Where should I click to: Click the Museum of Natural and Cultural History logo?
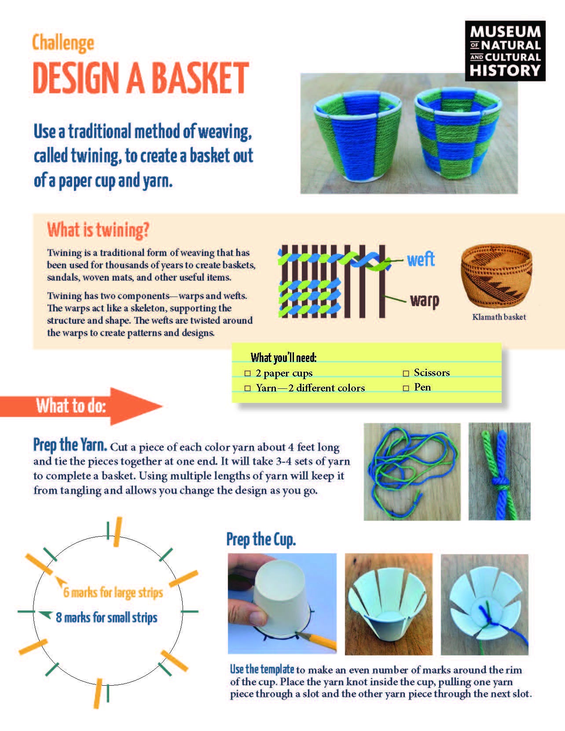505,51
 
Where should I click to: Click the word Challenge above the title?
63,43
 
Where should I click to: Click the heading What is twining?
98,230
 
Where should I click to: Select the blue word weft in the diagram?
421,259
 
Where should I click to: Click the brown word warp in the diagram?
424,301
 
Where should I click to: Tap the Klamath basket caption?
499,317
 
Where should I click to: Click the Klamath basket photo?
496,277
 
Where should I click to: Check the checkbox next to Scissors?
406,373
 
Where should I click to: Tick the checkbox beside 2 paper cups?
247,373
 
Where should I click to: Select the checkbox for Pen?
406,388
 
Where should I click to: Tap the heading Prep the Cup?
260,539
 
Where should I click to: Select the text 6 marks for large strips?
113,592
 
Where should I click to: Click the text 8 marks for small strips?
106,618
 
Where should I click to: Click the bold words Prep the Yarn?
70,445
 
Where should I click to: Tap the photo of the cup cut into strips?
388,604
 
